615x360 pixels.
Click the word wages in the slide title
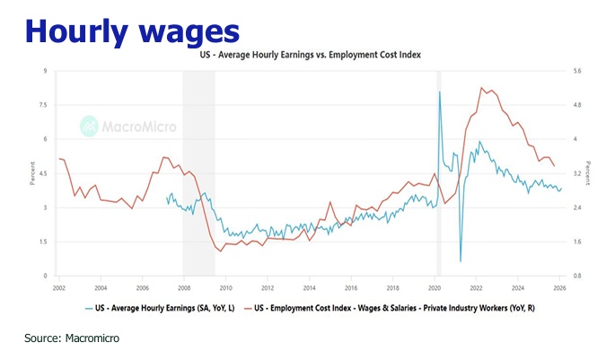click(188, 30)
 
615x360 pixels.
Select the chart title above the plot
click(310, 55)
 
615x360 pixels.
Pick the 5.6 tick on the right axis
click(576, 71)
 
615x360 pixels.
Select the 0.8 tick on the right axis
click(576, 276)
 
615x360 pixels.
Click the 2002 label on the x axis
click(59, 288)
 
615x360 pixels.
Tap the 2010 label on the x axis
click(225, 288)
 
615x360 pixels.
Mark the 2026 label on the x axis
click(558, 288)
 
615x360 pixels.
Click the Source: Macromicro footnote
click(72, 338)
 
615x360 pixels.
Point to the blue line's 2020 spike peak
click(440, 92)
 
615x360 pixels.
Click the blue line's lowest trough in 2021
click(460, 261)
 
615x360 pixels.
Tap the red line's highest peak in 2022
click(482, 87)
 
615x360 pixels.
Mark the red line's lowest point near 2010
click(220, 251)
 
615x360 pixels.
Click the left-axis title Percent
click(31, 173)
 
